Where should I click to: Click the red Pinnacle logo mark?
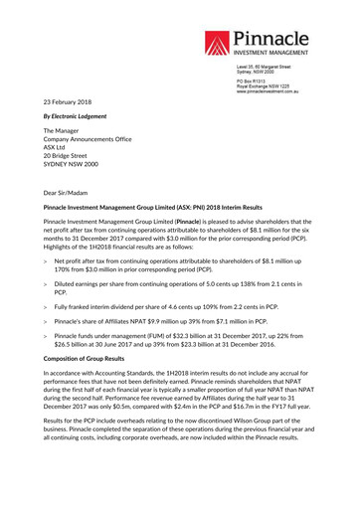point(219,43)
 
